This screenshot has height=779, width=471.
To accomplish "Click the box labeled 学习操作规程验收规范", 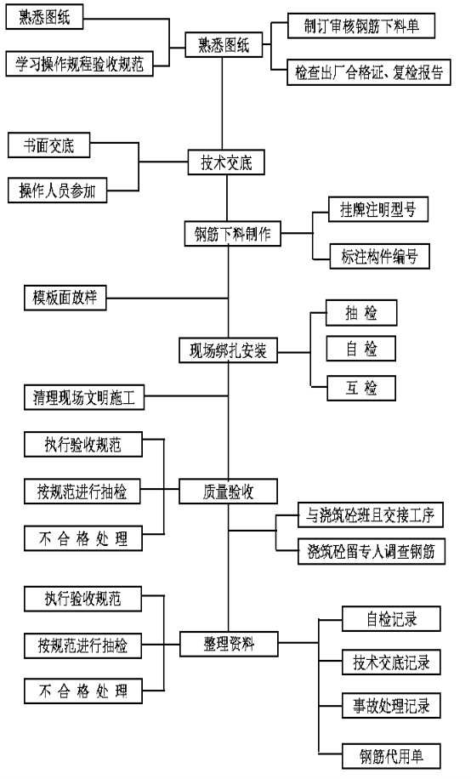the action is click(80, 64).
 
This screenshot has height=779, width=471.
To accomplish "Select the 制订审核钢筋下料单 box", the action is click(361, 26).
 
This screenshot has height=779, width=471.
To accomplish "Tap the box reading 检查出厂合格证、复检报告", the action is click(369, 72).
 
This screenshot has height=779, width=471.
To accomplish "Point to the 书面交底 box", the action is click(48, 145).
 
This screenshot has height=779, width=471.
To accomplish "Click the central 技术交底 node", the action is click(226, 162).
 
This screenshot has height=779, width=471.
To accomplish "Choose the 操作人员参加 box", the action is click(57, 190).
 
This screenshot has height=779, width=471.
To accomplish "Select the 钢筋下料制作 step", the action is click(232, 234).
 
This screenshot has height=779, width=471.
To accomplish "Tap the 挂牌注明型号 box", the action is click(378, 209).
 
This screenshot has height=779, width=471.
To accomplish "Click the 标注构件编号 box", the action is click(379, 256).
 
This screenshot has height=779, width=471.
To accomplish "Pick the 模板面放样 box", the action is click(65, 298).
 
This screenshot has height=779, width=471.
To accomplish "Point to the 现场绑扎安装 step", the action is click(228, 350).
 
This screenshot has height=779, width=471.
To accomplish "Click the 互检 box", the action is click(361, 388).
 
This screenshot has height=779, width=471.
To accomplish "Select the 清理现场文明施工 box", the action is click(84, 397).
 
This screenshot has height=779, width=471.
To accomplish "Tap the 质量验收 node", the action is click(228, 492).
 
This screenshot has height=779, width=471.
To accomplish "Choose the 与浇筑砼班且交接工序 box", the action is click(371, 515).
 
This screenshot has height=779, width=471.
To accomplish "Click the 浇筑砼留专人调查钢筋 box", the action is click(372, 551).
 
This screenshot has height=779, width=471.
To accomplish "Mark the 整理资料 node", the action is click(229, 644).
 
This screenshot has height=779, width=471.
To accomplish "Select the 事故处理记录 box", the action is click(391, 706).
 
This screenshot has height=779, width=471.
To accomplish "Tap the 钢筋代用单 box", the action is click(391, 756).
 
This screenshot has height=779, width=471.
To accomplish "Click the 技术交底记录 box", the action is click(391, 662).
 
